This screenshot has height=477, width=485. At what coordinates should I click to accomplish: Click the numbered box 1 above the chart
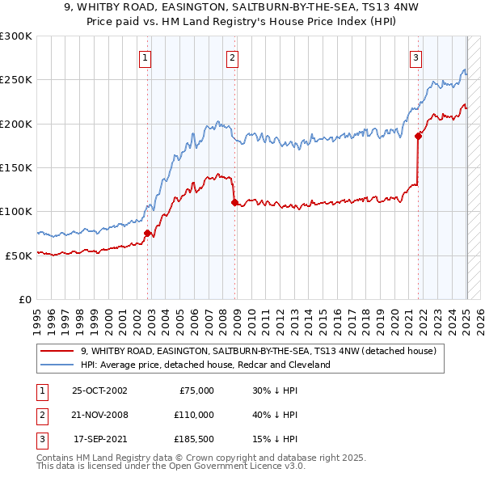point(144,57)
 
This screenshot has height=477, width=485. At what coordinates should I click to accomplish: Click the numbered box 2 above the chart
point(232,57)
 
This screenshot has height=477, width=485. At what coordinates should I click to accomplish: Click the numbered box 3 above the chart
point(415,57)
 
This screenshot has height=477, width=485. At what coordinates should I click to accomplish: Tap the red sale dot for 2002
point(147,233)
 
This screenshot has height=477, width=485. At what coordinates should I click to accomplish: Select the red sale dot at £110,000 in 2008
point(234,203)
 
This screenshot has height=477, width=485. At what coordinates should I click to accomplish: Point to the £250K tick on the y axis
point(16,80)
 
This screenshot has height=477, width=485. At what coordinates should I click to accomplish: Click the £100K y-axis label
point(16,211)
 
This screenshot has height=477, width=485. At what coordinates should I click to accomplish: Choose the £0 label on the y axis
point(25,299)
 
